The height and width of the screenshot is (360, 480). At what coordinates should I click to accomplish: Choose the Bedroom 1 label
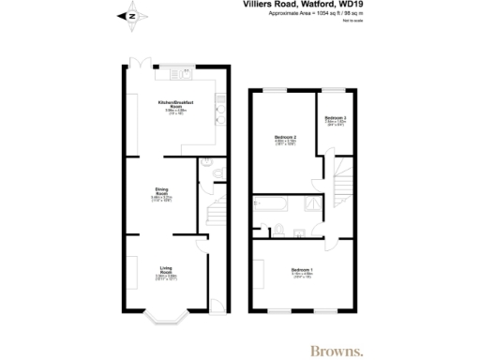pos(302,272)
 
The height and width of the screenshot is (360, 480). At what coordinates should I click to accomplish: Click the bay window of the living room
pos(165,318)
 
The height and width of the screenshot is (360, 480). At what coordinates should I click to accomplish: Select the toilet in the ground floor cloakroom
pos(217,172)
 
